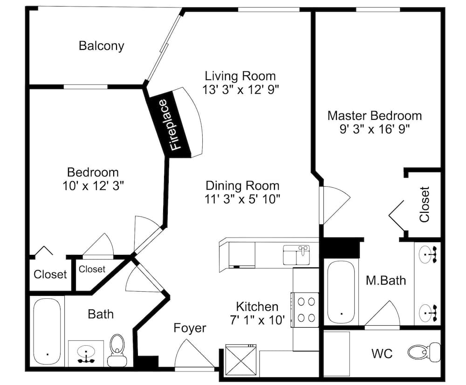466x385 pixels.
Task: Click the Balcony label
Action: pos(101,46)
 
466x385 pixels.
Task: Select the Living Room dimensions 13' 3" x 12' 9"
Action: pos(241,89)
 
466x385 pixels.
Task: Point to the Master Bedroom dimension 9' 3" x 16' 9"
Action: pos(375,129)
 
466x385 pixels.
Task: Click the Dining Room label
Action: pos(242,186)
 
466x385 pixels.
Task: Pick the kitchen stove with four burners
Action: pos(306,310)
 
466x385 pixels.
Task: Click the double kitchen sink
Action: pos(296,255)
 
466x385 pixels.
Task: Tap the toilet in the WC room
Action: pos(424,352)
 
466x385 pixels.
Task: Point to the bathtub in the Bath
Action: pos(47,331)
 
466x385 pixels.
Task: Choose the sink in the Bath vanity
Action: pos(86,353)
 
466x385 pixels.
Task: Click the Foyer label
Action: pos(190,328)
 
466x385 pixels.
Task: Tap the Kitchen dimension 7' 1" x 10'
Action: pos(257,320)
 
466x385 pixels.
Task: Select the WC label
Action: pos(382,354)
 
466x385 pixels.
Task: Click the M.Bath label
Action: pos(386,280)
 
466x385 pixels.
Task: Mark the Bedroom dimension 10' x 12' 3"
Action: pos(93,186)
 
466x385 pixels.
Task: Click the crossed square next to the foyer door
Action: pos(241,359)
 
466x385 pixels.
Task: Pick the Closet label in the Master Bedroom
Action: pos(425,204)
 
